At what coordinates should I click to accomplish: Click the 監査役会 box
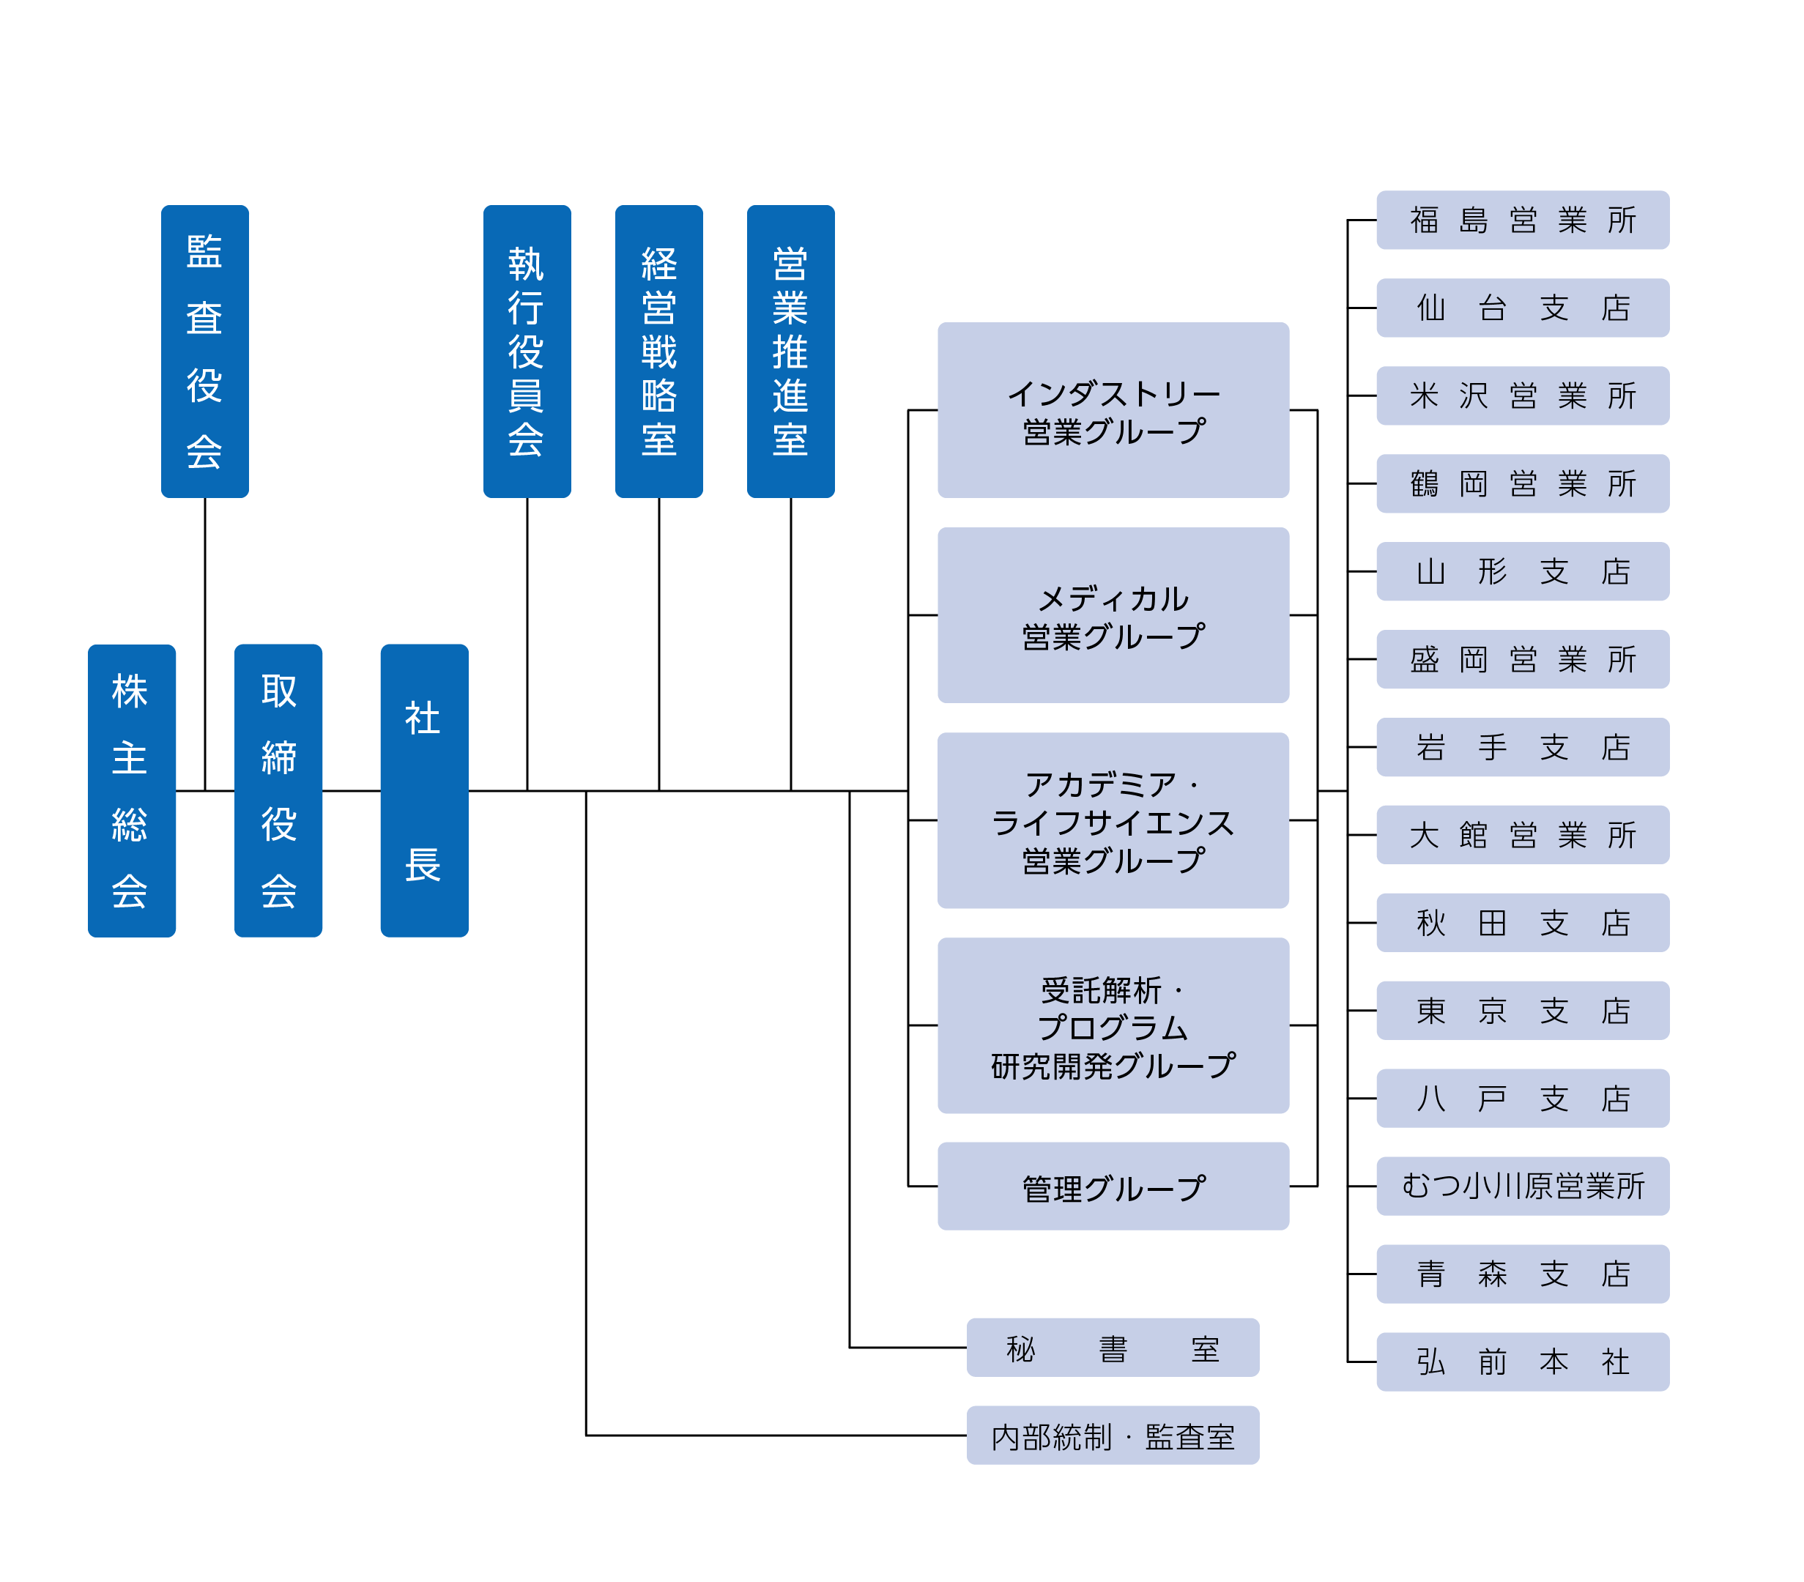point(205,351)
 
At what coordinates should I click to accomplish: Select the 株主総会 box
point(132,790)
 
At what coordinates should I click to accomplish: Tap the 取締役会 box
point(278,790)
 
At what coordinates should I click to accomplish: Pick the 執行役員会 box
point(527,351)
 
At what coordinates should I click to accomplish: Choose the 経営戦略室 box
point(658,351)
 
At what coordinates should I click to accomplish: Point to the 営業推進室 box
point(790,351)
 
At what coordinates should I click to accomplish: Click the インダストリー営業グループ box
point(1113,409)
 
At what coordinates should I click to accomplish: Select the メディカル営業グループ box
point(1113,615)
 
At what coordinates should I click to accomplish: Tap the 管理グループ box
point(1113,1186)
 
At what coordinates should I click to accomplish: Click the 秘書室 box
point(1112,1348)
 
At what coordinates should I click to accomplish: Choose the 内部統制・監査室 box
point(1112,1436)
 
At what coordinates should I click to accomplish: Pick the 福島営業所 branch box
point(1523,220)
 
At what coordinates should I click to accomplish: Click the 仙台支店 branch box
point(1523,308)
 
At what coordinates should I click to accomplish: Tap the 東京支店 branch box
point(1523,1010)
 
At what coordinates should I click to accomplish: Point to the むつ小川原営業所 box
point(1523,1186)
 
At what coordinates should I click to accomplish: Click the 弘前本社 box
point(1523,1362)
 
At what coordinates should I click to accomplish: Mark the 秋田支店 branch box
point(1523,923)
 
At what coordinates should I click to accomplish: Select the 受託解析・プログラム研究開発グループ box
point(1113,1025)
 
